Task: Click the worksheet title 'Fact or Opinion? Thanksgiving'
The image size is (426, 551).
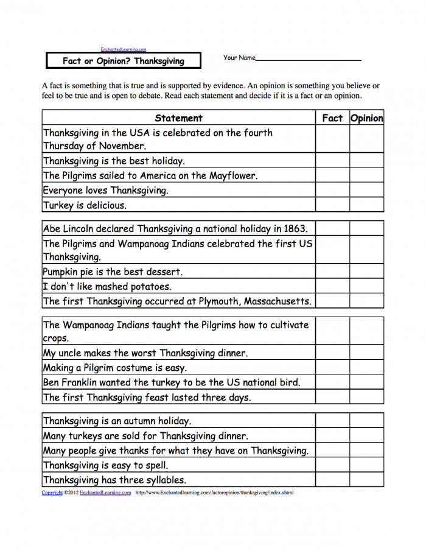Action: coord(123,61)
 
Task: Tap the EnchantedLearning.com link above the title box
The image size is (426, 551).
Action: coord(123,49)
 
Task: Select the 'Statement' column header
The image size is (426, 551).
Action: coord(178,118)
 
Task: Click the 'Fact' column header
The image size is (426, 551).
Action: coord(332,118)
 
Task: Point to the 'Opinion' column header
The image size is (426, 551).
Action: coord(366,118)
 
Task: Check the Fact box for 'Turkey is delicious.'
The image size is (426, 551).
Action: coord(332,205)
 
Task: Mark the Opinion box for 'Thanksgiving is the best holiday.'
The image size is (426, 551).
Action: coord(366,161)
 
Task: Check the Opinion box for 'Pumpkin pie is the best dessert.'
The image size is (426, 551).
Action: coord(366,272)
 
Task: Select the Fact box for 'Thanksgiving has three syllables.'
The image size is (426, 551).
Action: coord(332,480)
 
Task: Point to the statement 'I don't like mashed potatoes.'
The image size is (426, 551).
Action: coord(107,287)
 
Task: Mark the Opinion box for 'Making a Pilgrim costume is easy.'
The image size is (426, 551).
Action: coord(366,368)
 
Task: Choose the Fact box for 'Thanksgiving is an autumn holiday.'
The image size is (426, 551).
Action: coord(332,421)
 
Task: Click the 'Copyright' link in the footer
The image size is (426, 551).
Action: coord(52,493)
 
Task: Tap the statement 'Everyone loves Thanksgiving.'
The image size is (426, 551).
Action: coord(106,191)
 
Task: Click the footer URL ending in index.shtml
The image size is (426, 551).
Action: coord(214,493)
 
